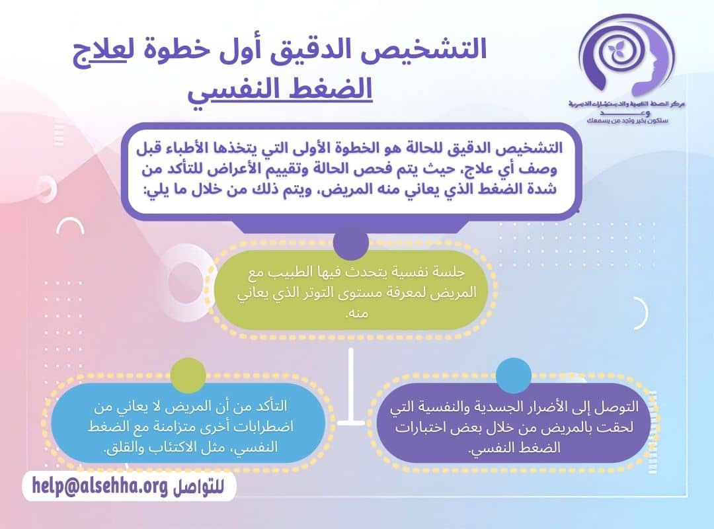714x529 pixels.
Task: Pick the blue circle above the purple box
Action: click(x=514, y=375)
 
